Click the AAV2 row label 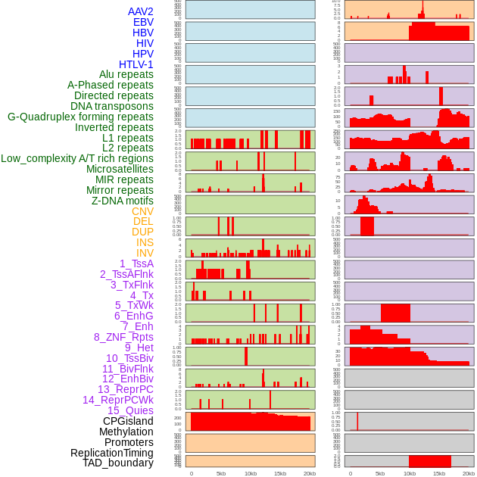pos(140,11)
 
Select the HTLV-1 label pos(136,64)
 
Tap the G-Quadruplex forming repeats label pos(80,117)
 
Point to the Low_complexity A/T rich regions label pos(76,158)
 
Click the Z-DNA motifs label pos(122,201)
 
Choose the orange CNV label pos(142,211)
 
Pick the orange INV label pos(145,253)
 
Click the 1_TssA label pos(136,263)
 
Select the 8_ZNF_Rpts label pos(123,337)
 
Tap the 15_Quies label pos(130,410)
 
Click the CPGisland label pos(128,421)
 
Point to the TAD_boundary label pos(118,463)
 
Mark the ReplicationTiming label pos(111,453)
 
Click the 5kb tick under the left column pos(221,473)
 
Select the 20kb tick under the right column pos(469,473)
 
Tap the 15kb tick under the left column pos(280,473)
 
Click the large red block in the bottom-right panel pos(430,461)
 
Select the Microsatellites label pos(120,169)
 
